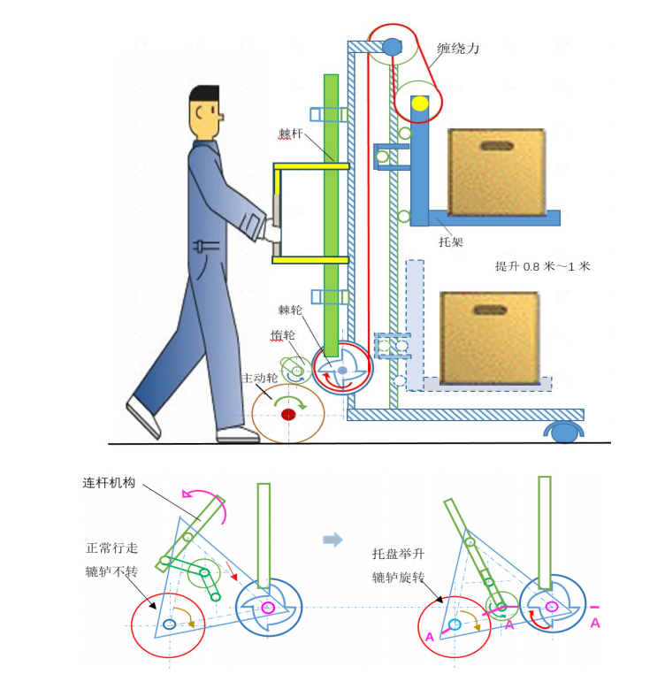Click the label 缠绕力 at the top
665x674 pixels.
[x=458, y=49]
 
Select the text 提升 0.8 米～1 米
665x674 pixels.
[x=542, y=266]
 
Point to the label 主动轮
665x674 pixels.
[x=259, y=379]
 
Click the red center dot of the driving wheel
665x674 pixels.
[x=287, y=414]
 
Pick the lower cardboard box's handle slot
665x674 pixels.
[x=489, y=310]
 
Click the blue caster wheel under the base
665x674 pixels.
[x=562, y=431]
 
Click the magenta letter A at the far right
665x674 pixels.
[x=595, y=624]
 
